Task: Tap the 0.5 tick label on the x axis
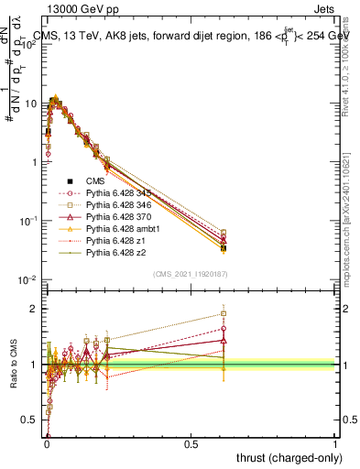click(191, 444)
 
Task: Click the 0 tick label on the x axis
click(46, 444)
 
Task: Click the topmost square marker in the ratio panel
click(224, 313)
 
